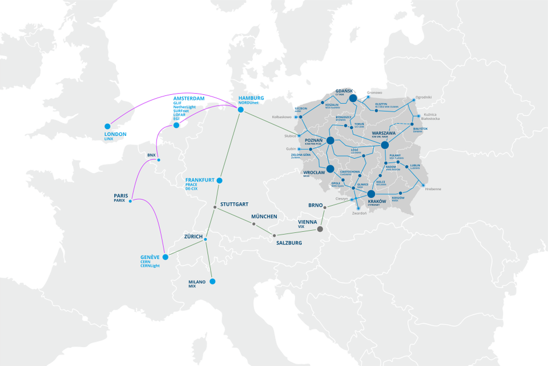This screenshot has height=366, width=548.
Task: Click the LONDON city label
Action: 116,134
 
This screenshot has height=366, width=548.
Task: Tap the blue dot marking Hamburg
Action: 241,110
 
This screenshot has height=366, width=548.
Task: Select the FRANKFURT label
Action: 200,180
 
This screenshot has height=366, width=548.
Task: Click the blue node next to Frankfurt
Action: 220,180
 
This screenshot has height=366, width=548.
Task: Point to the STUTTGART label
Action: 234,204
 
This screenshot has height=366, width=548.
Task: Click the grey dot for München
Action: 254,224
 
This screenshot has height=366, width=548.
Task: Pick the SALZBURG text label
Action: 289,243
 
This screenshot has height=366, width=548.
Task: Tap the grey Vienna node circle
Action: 320,229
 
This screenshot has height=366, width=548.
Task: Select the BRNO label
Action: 316,205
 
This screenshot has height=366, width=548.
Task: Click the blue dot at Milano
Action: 212,281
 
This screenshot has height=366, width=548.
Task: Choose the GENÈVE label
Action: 150,257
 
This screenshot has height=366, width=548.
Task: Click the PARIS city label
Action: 120,195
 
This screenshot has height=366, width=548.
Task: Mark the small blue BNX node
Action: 159,160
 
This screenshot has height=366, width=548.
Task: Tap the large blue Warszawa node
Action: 385,145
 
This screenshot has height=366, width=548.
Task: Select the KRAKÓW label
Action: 378,202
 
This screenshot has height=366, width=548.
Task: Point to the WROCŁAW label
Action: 314,172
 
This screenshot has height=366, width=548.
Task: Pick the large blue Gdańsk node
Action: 353,98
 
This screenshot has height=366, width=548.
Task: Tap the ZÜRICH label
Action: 194,236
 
